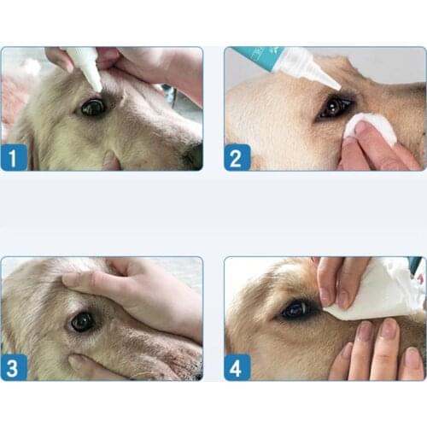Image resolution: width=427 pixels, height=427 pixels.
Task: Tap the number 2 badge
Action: click(238, 157)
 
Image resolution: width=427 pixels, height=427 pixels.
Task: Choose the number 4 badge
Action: click(238, 367)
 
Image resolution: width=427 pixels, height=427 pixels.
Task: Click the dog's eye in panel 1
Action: click(91, 108)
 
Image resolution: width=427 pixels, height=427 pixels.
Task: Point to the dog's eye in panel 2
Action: click(333, 108)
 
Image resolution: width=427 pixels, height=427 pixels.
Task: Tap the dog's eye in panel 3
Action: click(82, 322)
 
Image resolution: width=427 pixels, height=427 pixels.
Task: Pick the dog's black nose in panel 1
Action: click(196, 154)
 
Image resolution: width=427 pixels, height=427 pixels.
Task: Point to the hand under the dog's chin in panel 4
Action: click(380, 350)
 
